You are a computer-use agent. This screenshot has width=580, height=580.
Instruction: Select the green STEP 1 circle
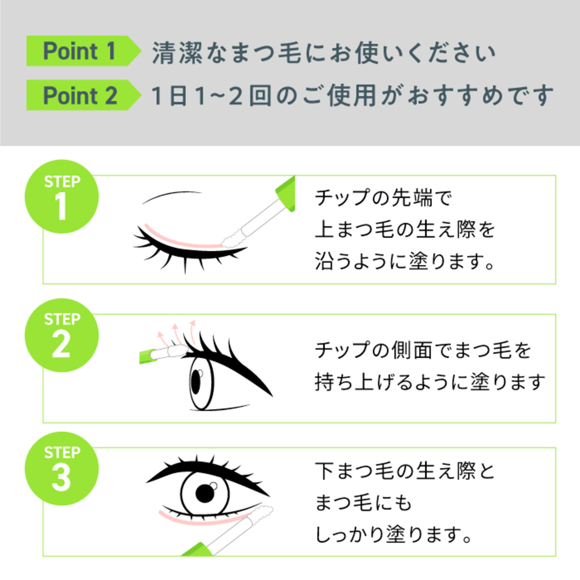tap(62, 197)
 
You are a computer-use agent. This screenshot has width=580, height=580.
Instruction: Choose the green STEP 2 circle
tap(62, 335)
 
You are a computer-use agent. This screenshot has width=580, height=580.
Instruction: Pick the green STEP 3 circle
tap(62, 468)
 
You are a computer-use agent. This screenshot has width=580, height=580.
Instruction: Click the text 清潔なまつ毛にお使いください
tap(323, 53)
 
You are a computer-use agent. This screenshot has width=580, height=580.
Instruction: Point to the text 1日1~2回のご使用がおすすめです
tap(352, 95)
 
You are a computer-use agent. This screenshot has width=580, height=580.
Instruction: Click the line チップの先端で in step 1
tap(384, 198)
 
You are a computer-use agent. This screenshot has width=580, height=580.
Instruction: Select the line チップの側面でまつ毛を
tap(423, 351)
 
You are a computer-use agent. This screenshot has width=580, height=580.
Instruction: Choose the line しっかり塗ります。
tap(394, 535)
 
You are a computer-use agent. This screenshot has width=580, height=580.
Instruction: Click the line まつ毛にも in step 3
tap(363, 503)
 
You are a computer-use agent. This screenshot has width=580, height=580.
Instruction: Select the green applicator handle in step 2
tap(149, 356)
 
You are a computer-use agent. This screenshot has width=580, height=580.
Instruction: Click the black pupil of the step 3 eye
tap(204, 494)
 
